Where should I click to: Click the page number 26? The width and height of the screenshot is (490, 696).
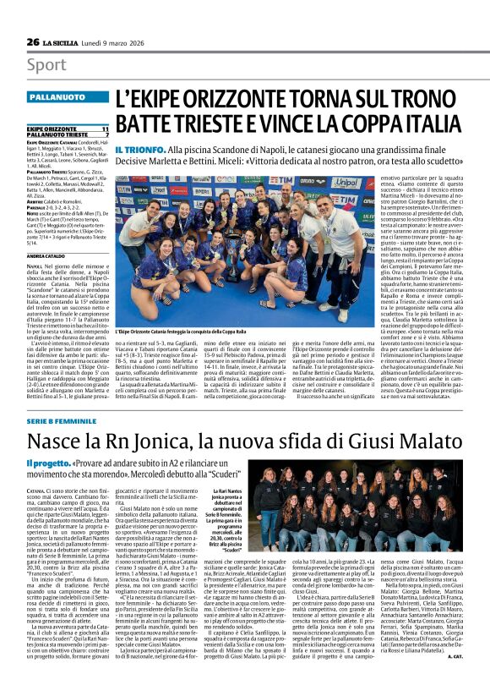coord(33,41)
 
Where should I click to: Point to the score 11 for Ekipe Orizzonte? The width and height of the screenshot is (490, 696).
coord(105,129)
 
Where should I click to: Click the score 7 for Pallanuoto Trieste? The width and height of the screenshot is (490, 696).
coord(106,134)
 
